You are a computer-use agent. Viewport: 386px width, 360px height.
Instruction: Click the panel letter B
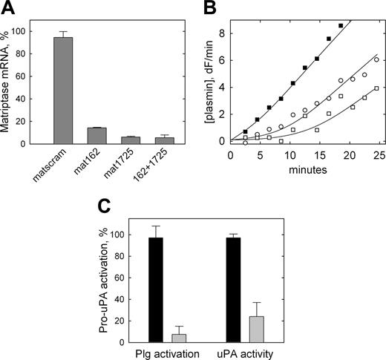(207, 10)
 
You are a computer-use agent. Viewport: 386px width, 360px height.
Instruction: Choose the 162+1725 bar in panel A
(165, 140)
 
